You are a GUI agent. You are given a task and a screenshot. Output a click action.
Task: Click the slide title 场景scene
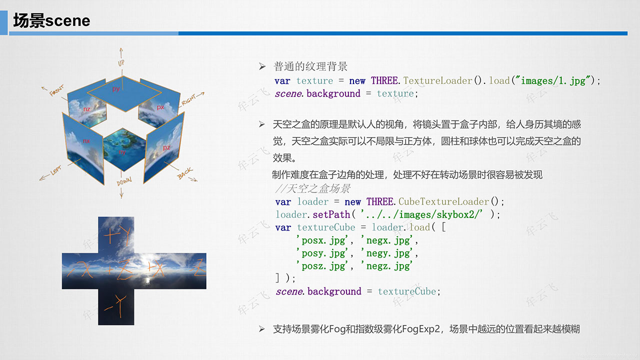click(51, 20)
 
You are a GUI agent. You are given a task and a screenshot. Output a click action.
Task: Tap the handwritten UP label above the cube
click(121, 63)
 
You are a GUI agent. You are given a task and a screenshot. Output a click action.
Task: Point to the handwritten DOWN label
click(124, 181)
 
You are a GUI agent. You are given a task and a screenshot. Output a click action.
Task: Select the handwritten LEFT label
click(56, 170)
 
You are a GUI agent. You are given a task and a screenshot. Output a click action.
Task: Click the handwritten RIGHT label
click(188, 99)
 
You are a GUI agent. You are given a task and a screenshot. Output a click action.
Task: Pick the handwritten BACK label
click(185, 173)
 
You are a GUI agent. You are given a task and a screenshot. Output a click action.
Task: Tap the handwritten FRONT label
click(56, 90)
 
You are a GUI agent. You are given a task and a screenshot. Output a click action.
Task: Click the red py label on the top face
click(115, 89)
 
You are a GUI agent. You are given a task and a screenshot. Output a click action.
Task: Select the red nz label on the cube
click(87, 109)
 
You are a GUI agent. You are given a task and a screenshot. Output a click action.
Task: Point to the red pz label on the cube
click(166, 147)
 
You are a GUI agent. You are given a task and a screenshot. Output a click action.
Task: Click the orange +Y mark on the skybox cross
click(117, 235)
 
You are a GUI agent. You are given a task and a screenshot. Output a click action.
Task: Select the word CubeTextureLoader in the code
click(443, 201)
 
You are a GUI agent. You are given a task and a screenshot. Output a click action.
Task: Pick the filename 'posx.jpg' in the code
click(322, 240)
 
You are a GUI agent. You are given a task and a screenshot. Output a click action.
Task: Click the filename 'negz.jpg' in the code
click(386, 266)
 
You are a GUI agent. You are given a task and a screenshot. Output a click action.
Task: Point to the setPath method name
click(331, 214)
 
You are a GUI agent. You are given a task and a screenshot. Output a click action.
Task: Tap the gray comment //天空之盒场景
click(312, 188)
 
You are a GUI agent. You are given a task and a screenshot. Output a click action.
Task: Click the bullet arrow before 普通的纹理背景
click(262, 66)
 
